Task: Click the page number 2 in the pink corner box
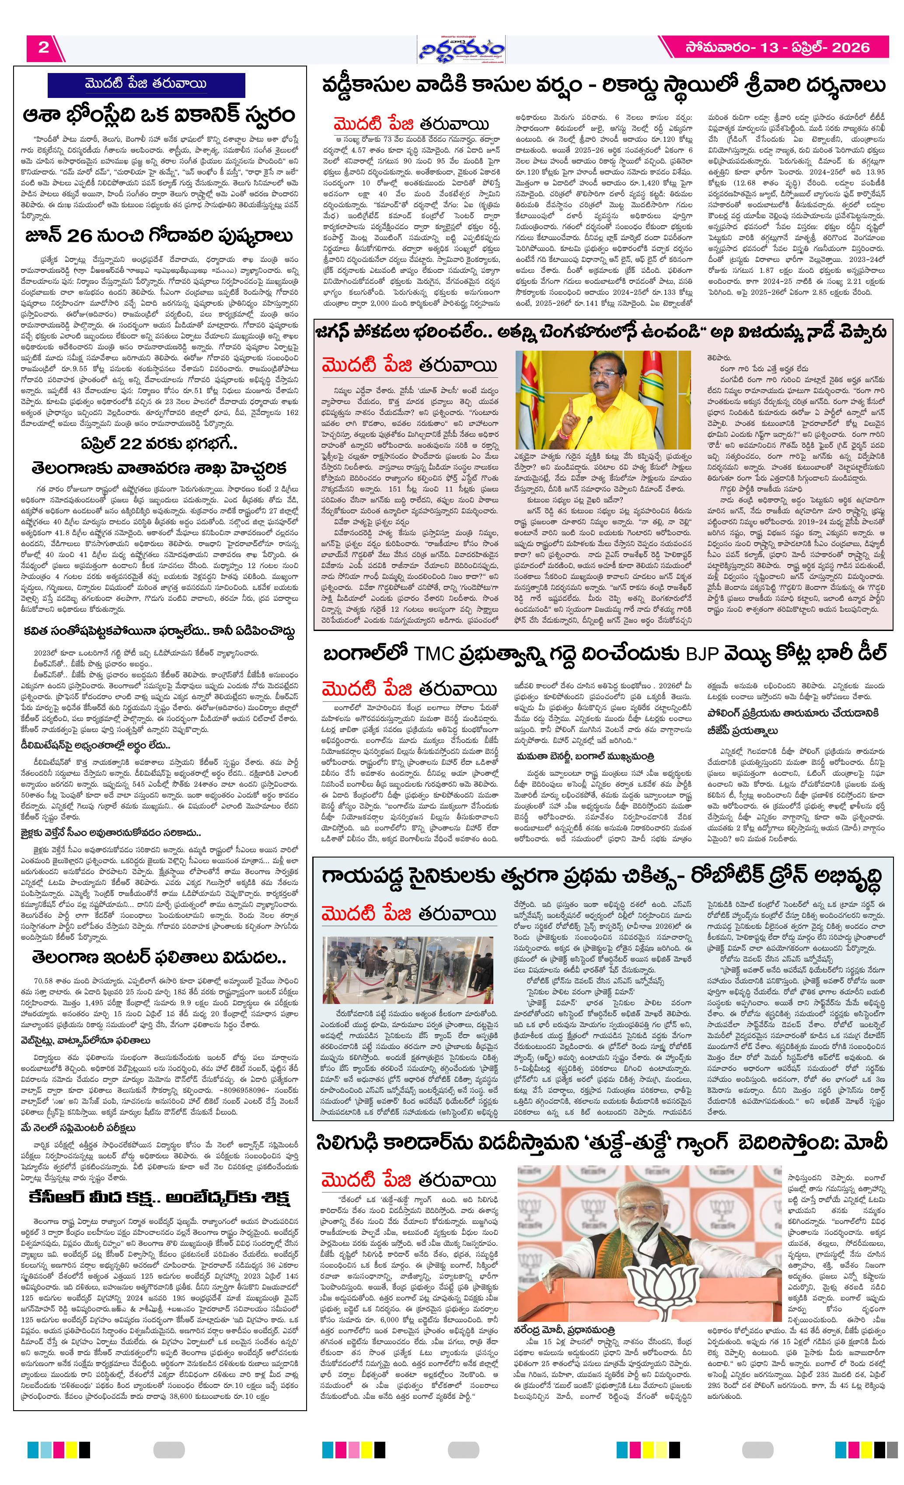[x=43, y=48]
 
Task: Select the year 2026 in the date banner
[x=850, y=48]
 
